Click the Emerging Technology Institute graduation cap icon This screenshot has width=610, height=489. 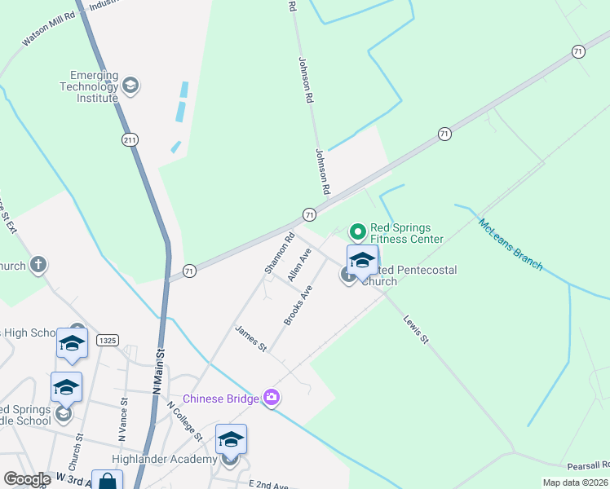click(130, 85)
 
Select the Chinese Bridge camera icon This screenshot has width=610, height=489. click(272, 398)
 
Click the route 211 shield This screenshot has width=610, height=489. click(129, 140)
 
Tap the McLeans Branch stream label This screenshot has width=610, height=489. click(511, 244)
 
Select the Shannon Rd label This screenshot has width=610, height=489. click(278, 253)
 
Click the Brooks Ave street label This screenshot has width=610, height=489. click(298, 306)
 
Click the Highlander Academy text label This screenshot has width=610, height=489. click(157, 460)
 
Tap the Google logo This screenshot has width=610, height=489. click(27, 479)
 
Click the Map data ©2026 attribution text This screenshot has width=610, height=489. click(575, 482)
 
